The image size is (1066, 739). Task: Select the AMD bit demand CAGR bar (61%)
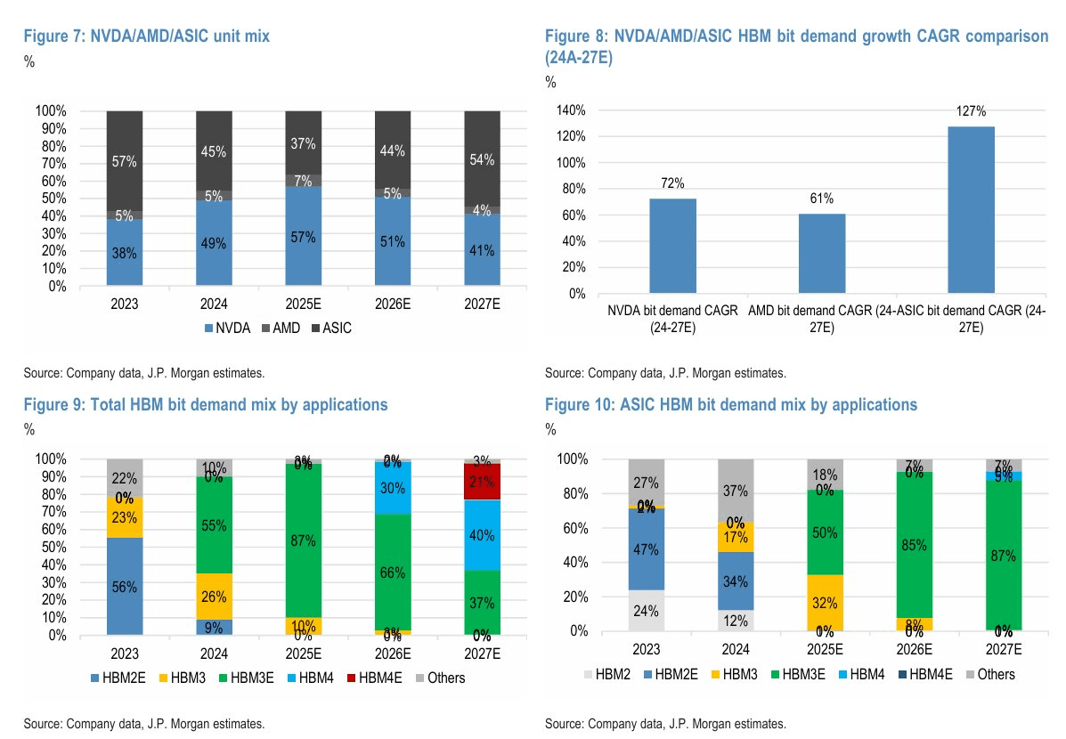(x=822, y=253)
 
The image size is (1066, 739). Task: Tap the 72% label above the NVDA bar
(x=672, y=183)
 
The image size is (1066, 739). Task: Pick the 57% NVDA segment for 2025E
(x=304, y=237)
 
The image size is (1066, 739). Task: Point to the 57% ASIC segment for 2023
(x=125, y=161)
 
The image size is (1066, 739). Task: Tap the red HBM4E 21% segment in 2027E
(x=482, y=482)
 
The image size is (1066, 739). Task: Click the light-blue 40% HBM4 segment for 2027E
(x=482, y=535)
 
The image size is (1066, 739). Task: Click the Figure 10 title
(x=730, y=405)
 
